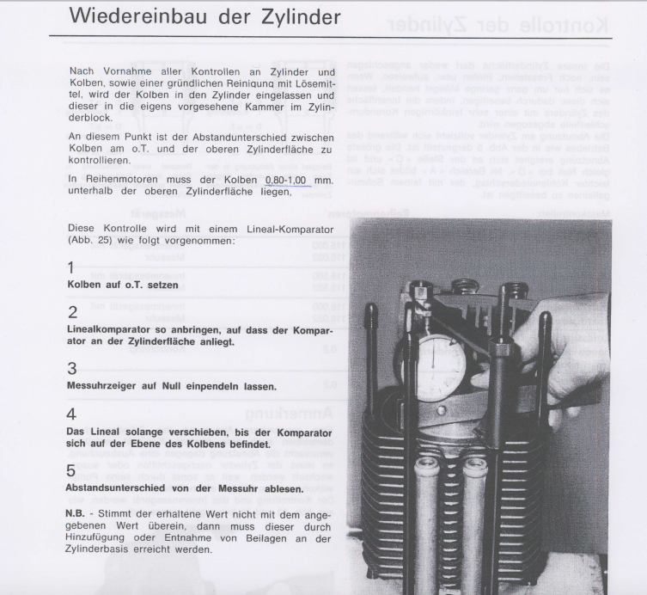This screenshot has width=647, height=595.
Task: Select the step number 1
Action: click(x=72, y=268)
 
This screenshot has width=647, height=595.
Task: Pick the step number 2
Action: click(x=73, y=312)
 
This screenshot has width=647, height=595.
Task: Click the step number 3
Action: click(x=73, y=369)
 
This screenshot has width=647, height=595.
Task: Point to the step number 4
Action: click(x=73, y=414)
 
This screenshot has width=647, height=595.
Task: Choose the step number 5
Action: click(x=73, y=470)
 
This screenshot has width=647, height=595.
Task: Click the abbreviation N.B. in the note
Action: click(x=78, y=513)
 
